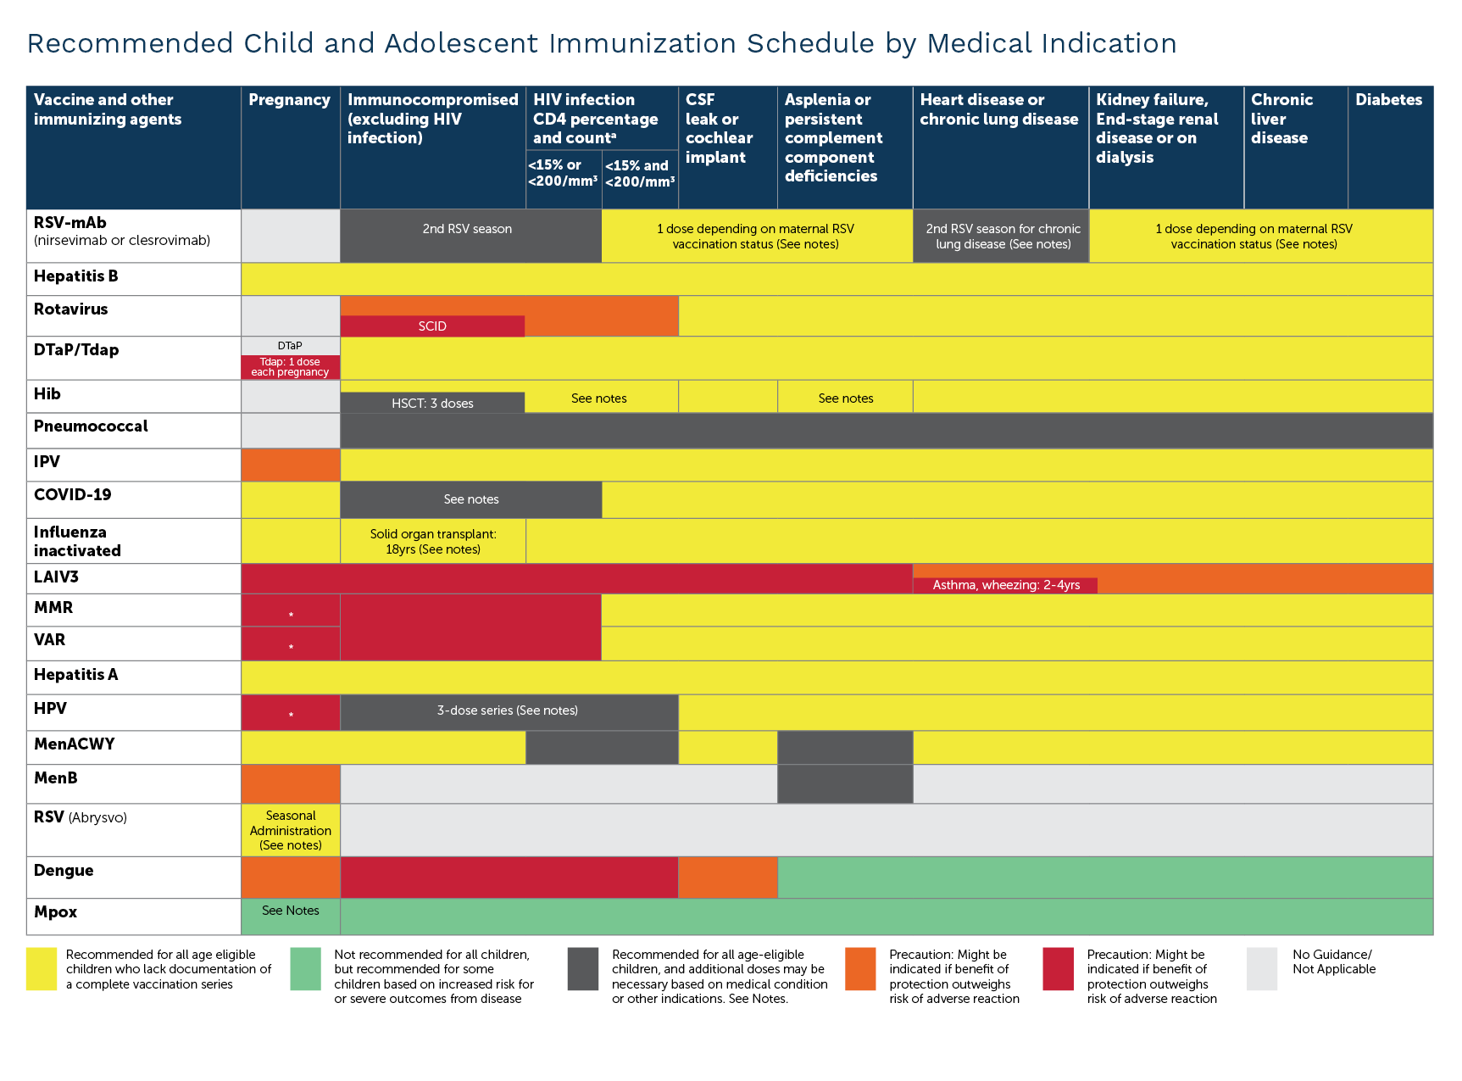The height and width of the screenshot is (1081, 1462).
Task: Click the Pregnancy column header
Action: [289, 100]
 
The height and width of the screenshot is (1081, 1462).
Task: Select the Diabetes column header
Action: [1388, 100]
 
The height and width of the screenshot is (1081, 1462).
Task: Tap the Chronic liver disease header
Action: [1281, 119]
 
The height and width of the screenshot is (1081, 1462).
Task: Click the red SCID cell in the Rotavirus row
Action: [432, 326]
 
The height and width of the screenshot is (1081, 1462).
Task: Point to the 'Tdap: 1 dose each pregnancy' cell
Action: [290, 367]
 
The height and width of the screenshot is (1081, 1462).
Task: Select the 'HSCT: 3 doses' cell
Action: [432, 404]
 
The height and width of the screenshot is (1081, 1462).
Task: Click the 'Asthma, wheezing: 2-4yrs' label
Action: [1005, 585]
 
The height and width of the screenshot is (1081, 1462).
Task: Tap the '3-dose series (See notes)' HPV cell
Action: [508, 710]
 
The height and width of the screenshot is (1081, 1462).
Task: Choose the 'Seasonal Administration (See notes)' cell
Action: [291, 830]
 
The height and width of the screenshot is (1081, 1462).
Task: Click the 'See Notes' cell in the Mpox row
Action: [291, 911]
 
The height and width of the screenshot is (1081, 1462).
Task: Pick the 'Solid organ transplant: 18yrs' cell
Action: [433, 541]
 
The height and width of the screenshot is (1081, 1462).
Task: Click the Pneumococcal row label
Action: [91, 426]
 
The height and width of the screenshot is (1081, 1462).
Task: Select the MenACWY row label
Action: [75, 744]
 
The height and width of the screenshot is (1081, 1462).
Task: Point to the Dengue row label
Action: [64, 871]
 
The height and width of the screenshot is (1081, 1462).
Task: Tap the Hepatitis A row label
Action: [75, 675]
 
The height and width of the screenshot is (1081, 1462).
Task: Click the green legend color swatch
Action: [305, 969]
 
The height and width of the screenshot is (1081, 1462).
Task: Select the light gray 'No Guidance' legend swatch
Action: [1261, 969]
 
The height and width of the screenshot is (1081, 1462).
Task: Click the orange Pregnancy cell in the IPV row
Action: [291, 465]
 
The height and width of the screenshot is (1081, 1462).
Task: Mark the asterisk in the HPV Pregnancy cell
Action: [291, 716]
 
